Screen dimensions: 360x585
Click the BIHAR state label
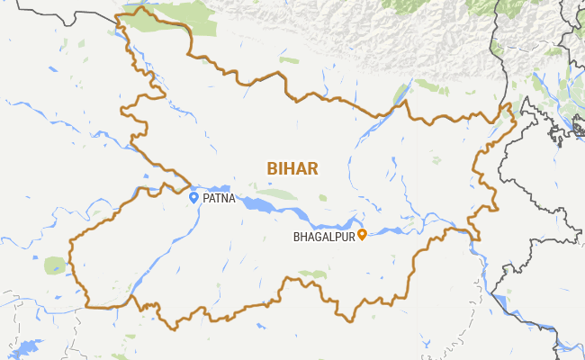tap(292, 168)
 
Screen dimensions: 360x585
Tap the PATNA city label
tap(219, 199)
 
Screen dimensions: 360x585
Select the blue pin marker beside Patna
tap(193, 197)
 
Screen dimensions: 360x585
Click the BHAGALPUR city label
tap(324, 238)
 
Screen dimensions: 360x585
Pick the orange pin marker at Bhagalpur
tap(362, 235)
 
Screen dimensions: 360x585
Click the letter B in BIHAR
tap(271, 168)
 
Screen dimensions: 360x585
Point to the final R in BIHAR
tap(313, 168)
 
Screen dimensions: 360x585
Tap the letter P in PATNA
tap(206, 199)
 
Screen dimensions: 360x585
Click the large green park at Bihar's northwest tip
tap(171, 22)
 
